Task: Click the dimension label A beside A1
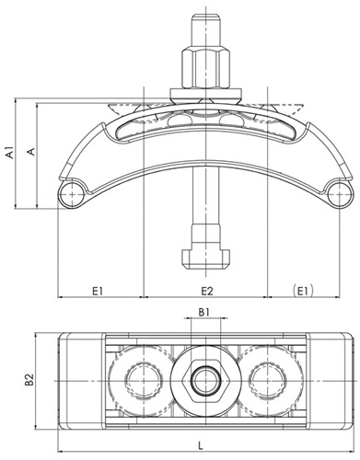click(x=31, y=151)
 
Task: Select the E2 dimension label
click(x=207, y=291)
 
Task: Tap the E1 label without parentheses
click(x=98, y=291)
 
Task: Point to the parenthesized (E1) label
click(x=303, y=291)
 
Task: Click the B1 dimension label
click(x=204, y=312)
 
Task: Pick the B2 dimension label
click(x=29, y=379)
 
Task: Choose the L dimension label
click(x=201, y=445)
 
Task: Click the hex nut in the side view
click(x=204, y=68)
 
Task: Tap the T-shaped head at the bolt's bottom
click(x=206, y=259)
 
